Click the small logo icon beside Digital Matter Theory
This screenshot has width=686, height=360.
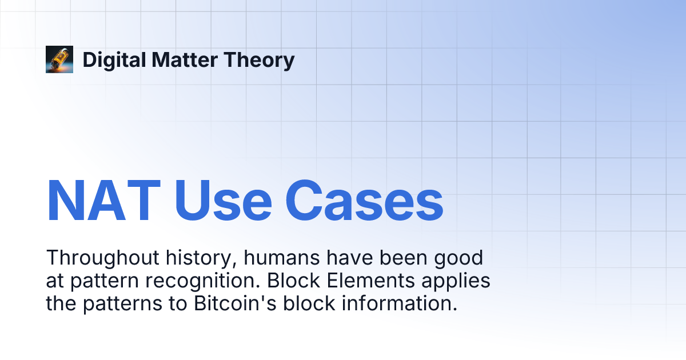pyautogui.click(x=59, y=59)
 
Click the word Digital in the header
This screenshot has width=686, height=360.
pyautogui.click(x=114, y=61)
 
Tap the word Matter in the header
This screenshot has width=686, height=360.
pyautogui.click(x=185, y=59)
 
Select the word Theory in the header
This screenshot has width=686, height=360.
pyautogui.click(x=259, y=61)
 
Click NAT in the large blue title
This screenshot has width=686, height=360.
pyautogui.click(x=103, y=200)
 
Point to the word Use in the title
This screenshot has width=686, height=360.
pyautogui.click(x=223, y=200)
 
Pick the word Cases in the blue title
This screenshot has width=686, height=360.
pyautogui.click(x=364, y=200)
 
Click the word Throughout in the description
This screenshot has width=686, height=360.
pyautogui.click(x=102, y=258)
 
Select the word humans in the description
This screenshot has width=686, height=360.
pyautogui.click(x=282, y=258)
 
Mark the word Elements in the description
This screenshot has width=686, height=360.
pyautogui.click(x=370, y=281)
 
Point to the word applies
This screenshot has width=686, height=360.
pyautogui.click(x=456, y=281)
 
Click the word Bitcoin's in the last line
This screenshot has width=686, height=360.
pyautogui.click(x=235, y=303)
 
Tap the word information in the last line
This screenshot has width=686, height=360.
pyautogui.click(x=400, y=303)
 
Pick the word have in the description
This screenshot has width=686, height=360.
pyautogui.click(x=349, y=258)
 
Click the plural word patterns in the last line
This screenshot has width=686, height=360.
pyautogui.click(x=122, y=304)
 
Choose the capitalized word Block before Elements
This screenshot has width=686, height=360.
pyautogui.click(x=293, y=281)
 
